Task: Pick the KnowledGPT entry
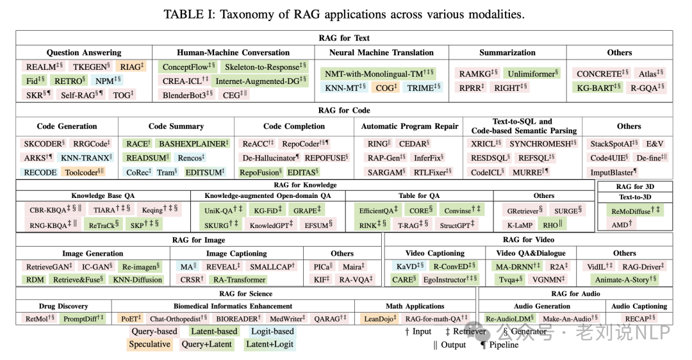click(x=272, y=225)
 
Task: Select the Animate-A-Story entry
click(x=626, y=279)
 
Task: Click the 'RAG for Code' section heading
click(x=344, y=110)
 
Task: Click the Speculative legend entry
click(x=149, y=344)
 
